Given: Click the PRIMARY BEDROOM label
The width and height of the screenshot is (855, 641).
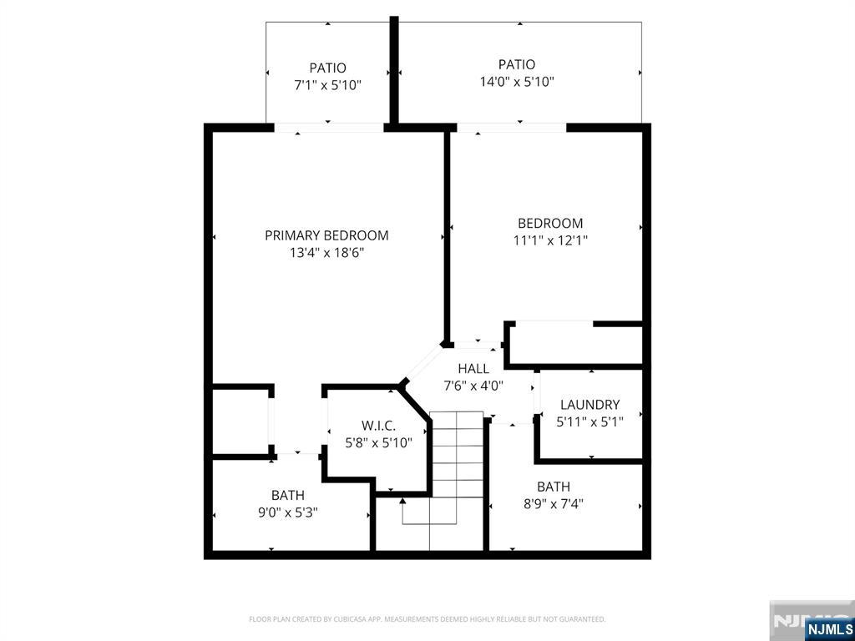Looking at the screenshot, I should pos(326,235).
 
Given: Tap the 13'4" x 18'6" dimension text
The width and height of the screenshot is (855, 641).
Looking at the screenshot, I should pos(326,252).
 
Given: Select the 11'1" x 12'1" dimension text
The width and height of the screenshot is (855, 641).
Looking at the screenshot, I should pos(550,240).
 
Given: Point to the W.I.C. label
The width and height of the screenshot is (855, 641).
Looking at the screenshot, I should pos(378,426).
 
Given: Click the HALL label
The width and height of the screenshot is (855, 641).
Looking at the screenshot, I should pos(473,369).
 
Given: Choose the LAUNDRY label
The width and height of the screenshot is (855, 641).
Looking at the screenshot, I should pos(589,405).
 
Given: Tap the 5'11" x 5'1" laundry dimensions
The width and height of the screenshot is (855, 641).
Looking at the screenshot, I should pos(589,421).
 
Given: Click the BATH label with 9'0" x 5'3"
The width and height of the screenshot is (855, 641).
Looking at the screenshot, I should pos(287,495).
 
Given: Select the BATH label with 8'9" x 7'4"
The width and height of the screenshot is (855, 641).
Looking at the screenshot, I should pos(554,487).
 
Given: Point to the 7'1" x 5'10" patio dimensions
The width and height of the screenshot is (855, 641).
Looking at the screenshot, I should pos(327,84).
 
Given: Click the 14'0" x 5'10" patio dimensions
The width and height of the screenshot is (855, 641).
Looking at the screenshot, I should pos(517,82).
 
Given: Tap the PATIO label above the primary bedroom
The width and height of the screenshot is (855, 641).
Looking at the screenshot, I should pos(327,68).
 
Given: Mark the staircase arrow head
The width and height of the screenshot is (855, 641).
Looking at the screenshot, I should pos(402,500).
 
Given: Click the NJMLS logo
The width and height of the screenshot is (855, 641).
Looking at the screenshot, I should pos(829,628).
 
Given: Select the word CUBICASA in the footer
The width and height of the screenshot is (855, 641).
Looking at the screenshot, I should pos(349,619).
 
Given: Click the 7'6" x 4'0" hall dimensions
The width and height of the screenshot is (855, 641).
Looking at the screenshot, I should pos(473,386).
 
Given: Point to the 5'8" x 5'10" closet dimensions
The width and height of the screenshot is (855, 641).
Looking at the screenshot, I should pos(378,442).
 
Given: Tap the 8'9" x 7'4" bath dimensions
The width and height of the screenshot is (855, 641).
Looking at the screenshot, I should pos(554,503).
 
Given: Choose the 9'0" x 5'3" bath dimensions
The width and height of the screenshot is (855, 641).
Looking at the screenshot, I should pos(287,512).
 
